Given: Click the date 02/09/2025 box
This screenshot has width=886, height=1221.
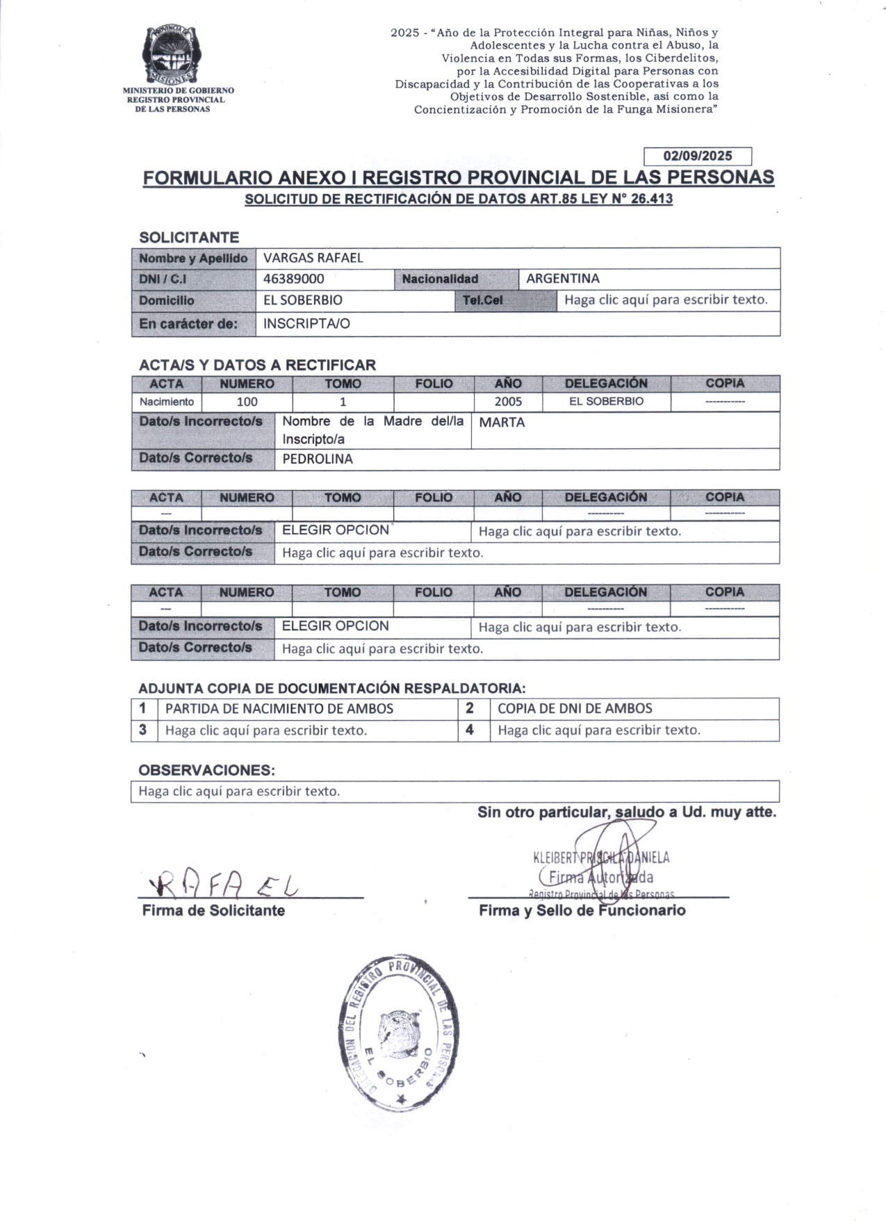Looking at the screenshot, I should (x=698, y=156).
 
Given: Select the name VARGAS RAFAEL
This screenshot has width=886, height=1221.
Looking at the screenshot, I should (x=313, y=258).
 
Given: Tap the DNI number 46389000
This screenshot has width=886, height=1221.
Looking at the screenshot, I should (x=294, y=279).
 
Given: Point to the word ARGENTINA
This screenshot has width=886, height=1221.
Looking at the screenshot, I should (x=562, y=279).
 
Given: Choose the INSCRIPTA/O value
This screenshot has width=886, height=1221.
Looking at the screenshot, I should (x=306, y=323).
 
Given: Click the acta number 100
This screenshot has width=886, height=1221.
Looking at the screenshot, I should (x=247, y=402).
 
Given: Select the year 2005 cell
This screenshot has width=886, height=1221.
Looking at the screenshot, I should (x=508, y=402).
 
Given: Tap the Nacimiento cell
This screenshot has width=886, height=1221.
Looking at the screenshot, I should (x=167, y=402).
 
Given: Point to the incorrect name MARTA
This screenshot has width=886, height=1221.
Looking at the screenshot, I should (x=502, y=423).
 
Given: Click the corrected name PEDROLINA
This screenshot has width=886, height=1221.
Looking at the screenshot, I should (x=318, y=459).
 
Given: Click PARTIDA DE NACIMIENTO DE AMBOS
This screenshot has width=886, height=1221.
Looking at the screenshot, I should (x=279, y=708).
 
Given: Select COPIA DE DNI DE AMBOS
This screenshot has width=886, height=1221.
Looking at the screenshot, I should (x=575, y=708).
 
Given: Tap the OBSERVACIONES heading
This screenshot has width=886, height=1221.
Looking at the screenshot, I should (x=206, y=770).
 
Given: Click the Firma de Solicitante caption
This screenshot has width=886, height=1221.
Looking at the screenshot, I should (x=213, y=910).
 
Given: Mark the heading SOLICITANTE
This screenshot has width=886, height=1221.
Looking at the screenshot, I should (x=189, y=237).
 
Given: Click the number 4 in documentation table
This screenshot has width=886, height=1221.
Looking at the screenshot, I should (x=470, y=730).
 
